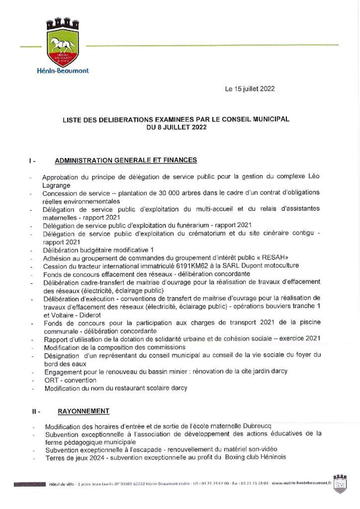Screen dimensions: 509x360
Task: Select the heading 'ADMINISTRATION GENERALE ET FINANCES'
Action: [x=126, y=160]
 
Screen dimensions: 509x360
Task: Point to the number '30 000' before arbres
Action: [x=172, y=193]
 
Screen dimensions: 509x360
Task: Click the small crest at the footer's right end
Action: [x=340, y=483]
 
